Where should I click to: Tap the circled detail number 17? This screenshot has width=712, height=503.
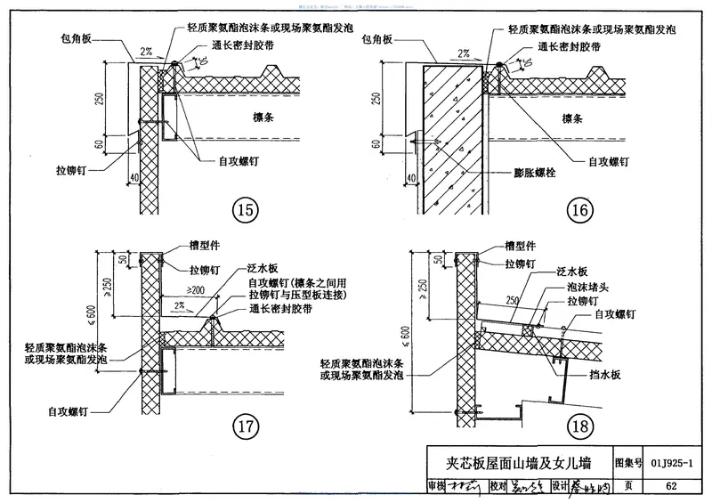click(244, 427)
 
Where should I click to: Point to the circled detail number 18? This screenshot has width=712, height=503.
click(578, 427)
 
